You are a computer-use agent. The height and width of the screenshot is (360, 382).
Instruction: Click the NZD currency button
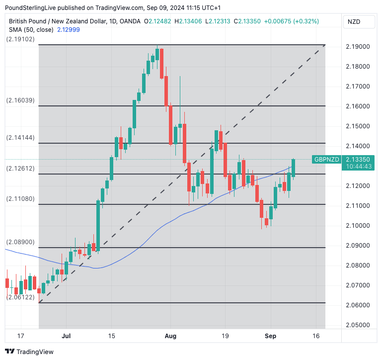click(x=354, y=22)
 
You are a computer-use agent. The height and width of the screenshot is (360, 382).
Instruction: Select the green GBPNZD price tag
click(x=326, y=160)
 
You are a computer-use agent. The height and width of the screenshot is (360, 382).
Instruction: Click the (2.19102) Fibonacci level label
click(x=20, y=39)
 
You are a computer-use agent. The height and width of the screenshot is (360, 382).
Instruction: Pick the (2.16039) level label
click(x=20, y=100)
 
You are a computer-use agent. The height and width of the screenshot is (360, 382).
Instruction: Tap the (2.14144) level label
click(x=20, y=137)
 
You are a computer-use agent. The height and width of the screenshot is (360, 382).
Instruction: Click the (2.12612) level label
click(x=20, y=169)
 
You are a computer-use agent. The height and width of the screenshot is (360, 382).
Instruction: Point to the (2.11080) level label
click(x=20, y=199)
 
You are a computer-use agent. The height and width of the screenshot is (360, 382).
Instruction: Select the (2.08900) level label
click(x=20, y=242)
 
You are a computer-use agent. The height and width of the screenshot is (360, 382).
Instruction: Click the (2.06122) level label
click(x=20, y=297)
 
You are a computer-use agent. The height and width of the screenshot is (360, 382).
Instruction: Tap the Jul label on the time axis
click(x=66, y=336)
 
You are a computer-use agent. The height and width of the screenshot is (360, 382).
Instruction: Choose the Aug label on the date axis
click(x=170, y=336)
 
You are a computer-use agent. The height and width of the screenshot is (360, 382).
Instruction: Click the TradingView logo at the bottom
click(x=30, y=352)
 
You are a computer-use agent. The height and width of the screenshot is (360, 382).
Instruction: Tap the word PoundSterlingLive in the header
click(x=34, y=8)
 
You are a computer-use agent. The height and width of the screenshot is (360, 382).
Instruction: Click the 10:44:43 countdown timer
click(x=358, y=167)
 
